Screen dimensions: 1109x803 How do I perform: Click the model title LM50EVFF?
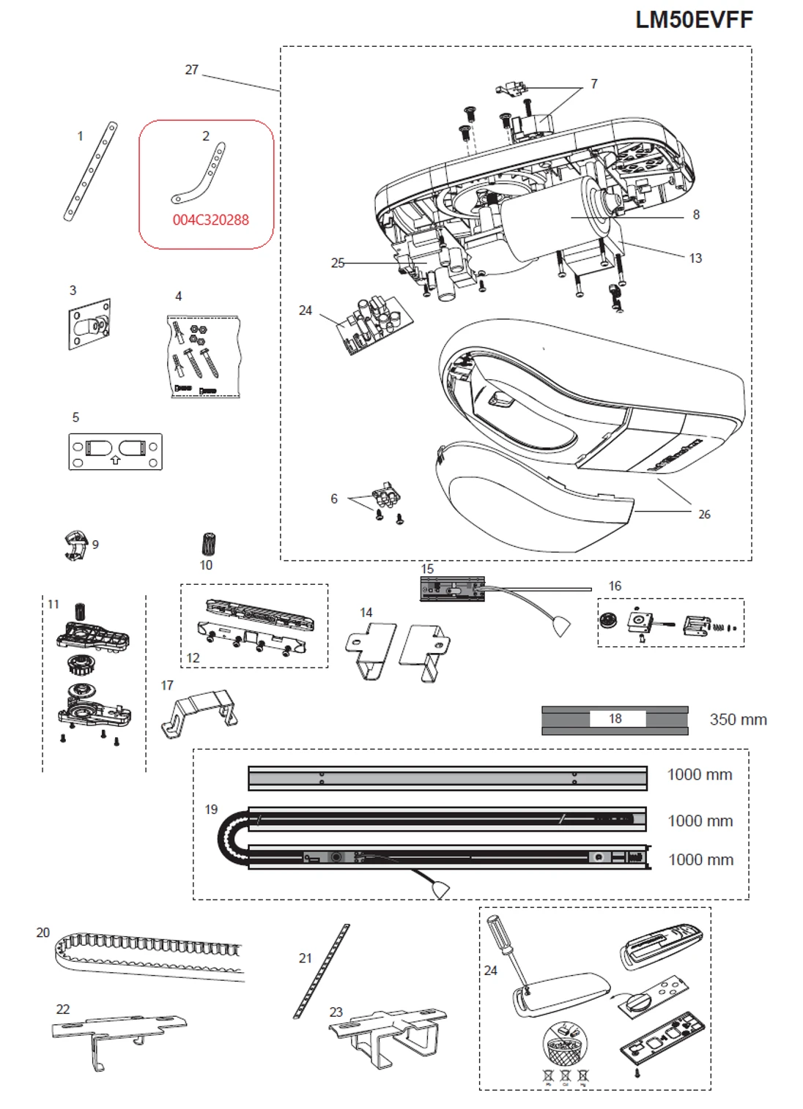(693, 20)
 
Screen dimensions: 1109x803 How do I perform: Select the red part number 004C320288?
(210, 220)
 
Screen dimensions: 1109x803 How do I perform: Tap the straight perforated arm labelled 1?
(90, 172)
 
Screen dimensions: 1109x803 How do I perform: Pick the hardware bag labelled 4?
(204, 356)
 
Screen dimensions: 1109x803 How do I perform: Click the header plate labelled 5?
(115, 451)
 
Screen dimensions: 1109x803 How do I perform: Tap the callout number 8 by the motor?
(695, 214)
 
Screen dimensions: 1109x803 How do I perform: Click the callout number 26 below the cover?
(703, 515)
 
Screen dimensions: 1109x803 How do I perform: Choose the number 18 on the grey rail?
(615, 719)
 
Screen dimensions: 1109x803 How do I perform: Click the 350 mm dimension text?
(738, 720)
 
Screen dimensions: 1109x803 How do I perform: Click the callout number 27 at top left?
(191, 70)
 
